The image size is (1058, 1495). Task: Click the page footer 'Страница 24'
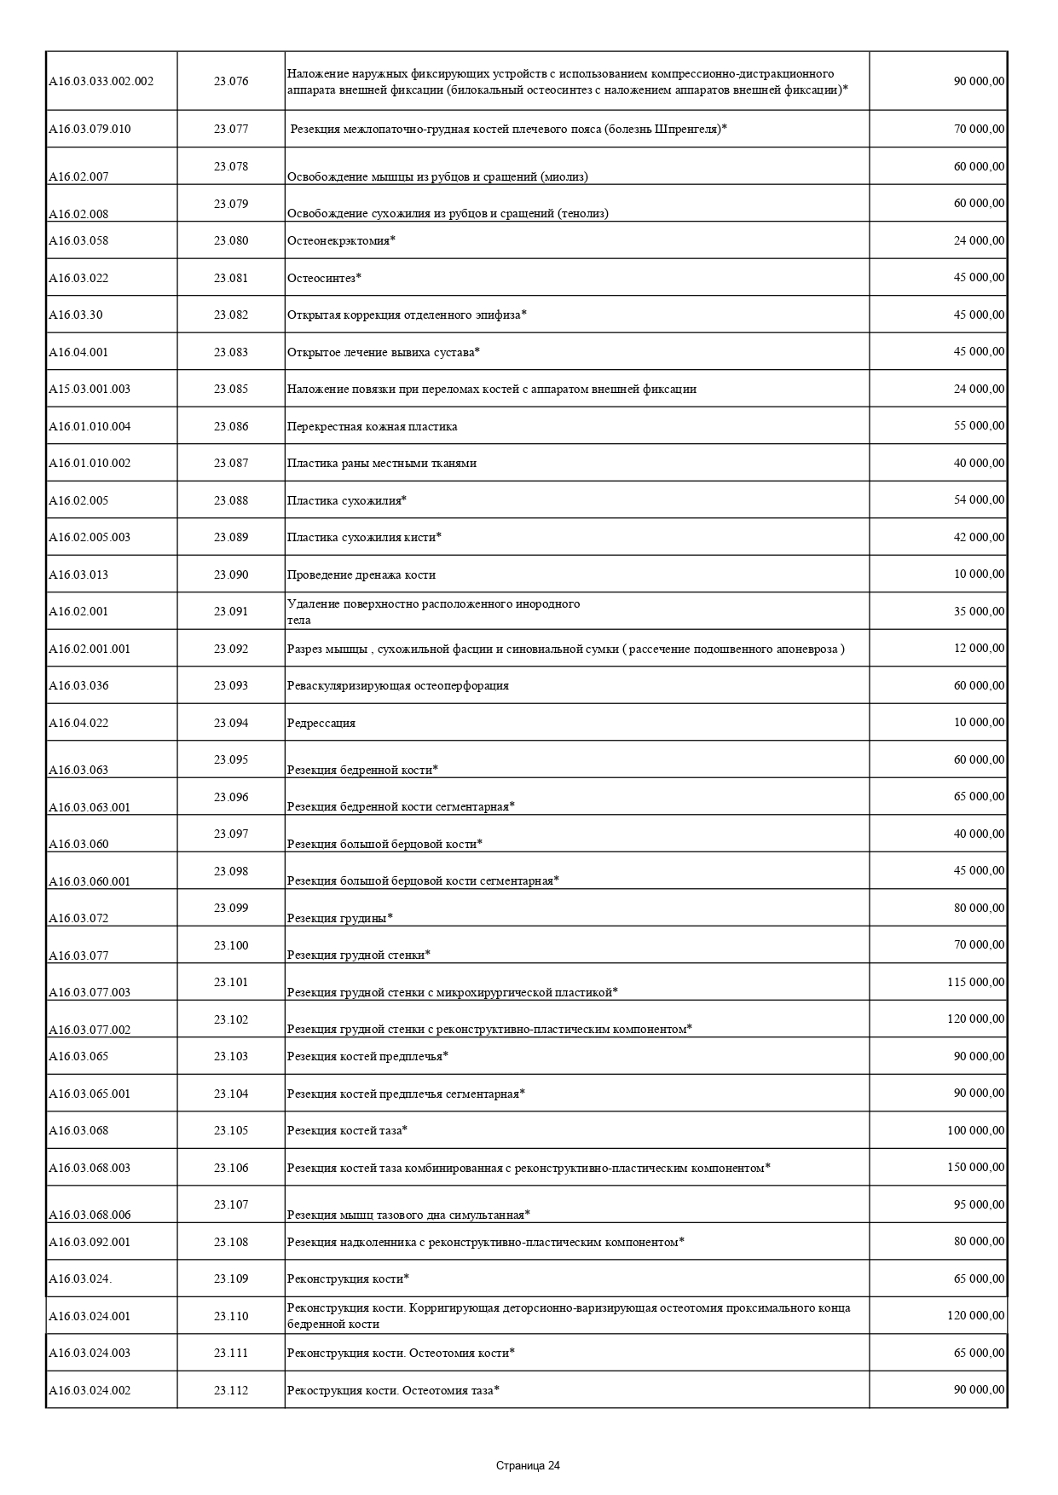point(528,1466)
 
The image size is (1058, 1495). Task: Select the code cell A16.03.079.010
point(90,130)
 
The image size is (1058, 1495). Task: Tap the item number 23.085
point(231,390)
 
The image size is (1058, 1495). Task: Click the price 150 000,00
point(975,1168)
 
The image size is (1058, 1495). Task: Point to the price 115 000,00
point(975,983)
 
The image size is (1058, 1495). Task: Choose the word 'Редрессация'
point(321,724)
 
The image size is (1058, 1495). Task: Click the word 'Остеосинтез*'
point(325,279)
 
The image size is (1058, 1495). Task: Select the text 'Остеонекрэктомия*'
point(341,241)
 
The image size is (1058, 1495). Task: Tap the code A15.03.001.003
point(90,390)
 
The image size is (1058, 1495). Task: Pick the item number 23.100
point(231,945)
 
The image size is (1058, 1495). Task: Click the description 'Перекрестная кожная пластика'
point(372,427)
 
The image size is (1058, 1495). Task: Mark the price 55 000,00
point(979,426)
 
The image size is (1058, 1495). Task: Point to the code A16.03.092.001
point(90,1243)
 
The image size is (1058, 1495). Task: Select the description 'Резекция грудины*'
point(339,918)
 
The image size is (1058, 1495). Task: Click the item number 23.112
point(231,1391)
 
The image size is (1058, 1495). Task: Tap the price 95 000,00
point(979,1205)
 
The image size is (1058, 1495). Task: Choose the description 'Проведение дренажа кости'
point(361,575)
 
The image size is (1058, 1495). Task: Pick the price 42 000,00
point(979,538)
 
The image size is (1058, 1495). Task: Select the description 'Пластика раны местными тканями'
point(382,464)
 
